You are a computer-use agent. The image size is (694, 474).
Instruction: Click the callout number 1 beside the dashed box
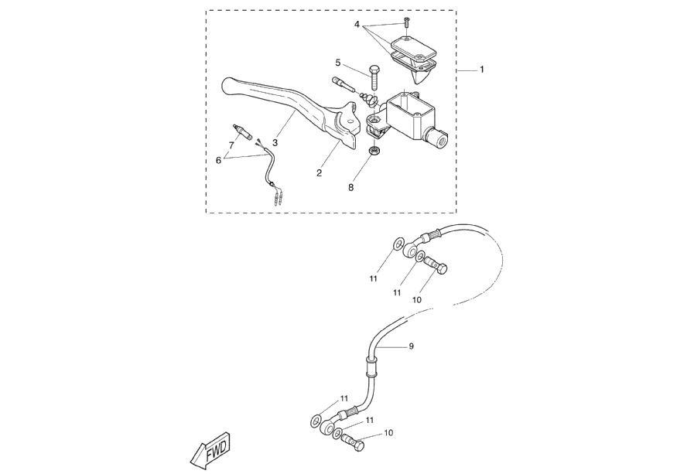point(481,70)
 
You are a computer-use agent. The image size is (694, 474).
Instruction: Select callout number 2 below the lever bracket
point(319,173)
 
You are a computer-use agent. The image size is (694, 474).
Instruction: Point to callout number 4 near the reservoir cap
point(357,25)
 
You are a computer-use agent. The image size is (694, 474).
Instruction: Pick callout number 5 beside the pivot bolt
point(338,62)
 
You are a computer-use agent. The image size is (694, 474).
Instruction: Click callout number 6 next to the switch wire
point(219,160)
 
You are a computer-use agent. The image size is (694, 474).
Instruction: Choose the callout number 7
point(231,145)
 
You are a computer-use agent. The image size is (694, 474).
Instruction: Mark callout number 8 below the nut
point(350,187)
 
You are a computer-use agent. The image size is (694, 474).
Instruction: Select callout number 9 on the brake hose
point(411,346)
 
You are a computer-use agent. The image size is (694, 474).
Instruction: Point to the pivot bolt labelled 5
point(373,77)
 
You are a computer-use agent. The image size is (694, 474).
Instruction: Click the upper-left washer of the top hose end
point(396,245)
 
